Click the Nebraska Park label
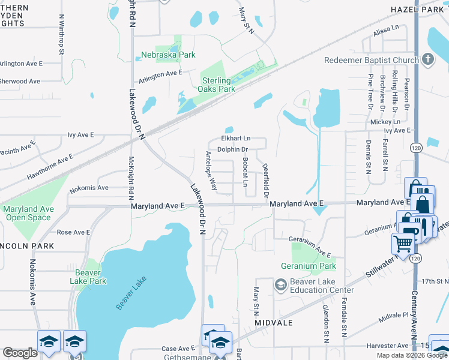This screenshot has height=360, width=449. click(x=169, y=55)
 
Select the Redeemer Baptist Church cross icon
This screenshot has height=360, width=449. click(x=427, y=59)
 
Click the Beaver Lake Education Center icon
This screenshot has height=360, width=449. click(x=280, y=284)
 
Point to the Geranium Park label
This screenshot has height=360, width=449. click(x=308, y=266)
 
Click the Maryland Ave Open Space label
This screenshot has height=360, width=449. click(x=28, y=213)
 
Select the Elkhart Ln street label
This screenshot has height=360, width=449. click(x=235, y=139)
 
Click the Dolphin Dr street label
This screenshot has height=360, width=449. click(x=233, y=149)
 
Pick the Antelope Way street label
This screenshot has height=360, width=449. click(x=211, y=171)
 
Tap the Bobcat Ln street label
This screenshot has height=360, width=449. click(x=245, y=172)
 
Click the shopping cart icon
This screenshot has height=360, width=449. click(x=402, y=244)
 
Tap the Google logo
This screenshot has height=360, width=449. click(x=20, y=353)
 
